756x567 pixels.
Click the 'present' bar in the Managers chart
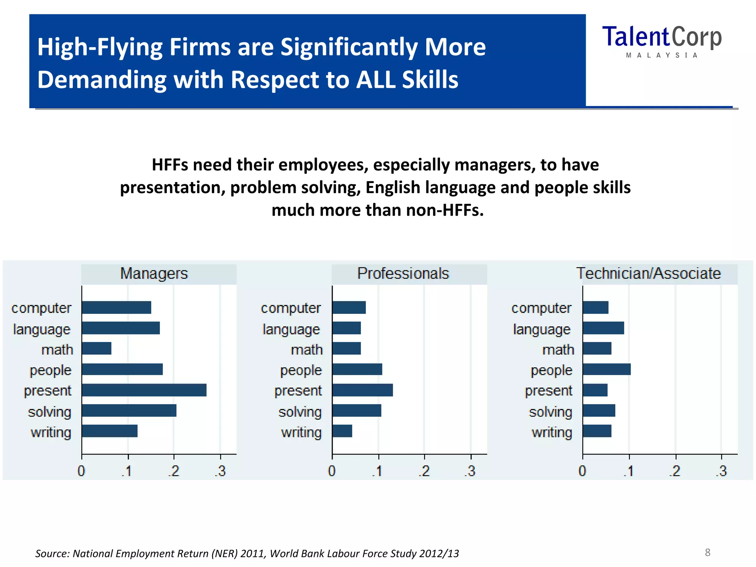[144, 390]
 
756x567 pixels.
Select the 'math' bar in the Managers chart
[97, 348]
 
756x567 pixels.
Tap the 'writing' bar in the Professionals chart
[342, 431]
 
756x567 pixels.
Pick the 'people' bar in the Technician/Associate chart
[606, 370]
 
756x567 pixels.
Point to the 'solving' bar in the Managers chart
[129, 410]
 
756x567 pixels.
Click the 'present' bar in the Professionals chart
[362, 390]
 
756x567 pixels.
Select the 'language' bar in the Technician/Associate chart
[603, 328]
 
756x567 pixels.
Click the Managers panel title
[154, 274]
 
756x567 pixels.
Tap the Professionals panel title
[403, 274]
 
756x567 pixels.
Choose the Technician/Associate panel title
[649, 274]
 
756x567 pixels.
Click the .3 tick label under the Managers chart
[220, 471]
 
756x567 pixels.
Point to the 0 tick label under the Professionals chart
[332, 471]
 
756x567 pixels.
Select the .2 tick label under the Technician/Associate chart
[675, 471]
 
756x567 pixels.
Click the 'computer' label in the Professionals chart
[291, 308]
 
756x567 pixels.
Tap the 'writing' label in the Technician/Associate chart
[552, 432]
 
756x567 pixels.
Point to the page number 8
[708, 552]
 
